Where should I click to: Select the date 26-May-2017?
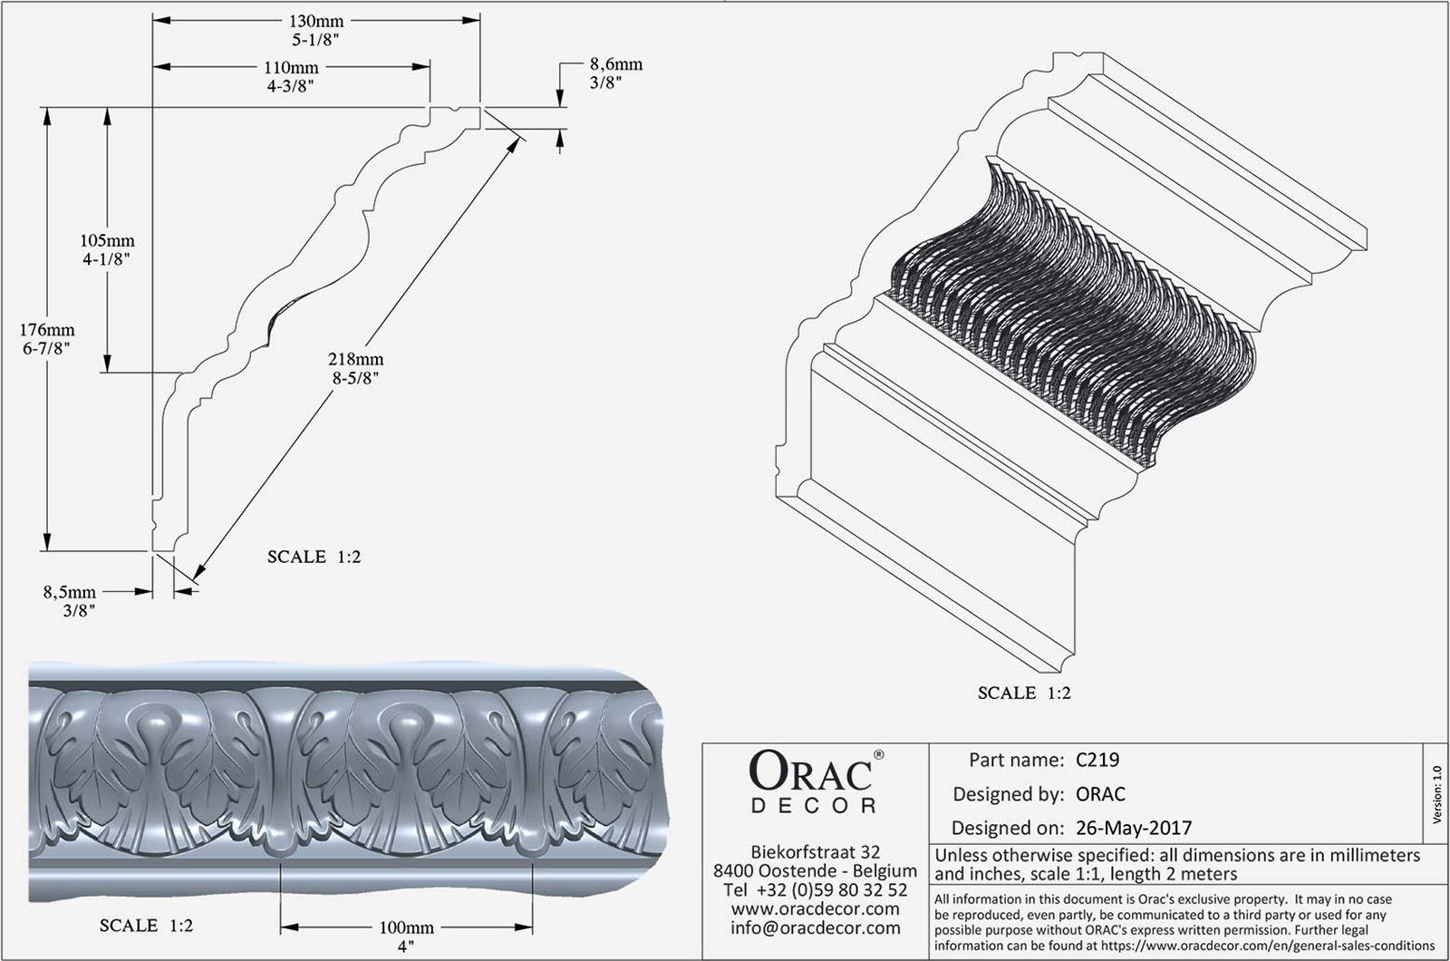(1134, 828)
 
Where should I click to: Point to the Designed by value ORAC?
(1100, 794)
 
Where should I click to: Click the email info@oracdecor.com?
(815, 927)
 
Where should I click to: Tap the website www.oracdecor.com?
(815, 908)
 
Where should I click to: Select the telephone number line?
(815, 889)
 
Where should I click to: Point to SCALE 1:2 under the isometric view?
(1024, 693)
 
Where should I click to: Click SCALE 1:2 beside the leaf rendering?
(146, 927)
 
